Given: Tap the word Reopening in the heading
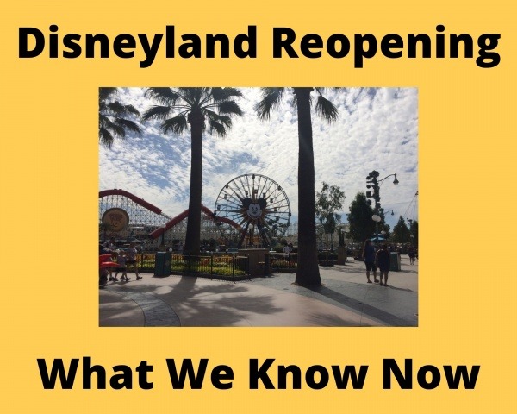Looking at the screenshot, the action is [386, 46].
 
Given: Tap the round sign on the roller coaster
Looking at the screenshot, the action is [115, 219].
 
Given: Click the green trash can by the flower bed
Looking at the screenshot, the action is [163, 264].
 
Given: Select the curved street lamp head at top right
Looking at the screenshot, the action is [396, 180].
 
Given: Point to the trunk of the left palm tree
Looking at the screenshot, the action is [194, 185].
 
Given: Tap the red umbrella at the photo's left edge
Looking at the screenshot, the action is [108, 262].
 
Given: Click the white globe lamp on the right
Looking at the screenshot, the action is [377, 219].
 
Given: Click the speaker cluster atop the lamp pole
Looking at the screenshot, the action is [372, 185].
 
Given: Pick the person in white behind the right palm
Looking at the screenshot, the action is [288, 248].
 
